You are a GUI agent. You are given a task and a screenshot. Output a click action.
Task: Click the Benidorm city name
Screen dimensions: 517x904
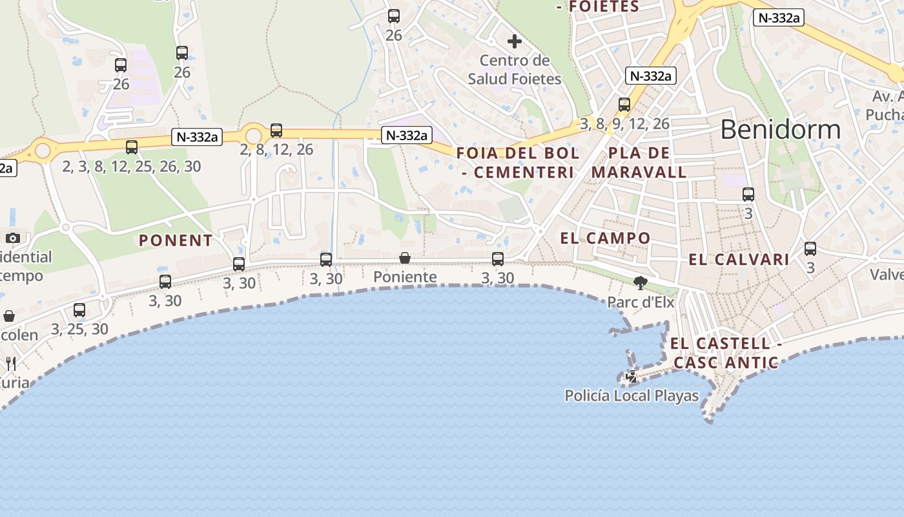click(780, 130)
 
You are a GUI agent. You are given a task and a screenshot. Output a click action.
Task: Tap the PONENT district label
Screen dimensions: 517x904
click(176, 240)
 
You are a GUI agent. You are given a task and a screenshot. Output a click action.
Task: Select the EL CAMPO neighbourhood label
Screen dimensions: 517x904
click(605, 238)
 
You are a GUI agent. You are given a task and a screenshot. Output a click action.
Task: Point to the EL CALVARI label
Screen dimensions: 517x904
click(739, 260)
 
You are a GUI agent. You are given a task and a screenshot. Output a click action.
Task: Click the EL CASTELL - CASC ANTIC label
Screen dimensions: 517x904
click(726, 353)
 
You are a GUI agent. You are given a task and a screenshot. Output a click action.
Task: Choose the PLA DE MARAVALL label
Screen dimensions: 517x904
click(639, 163)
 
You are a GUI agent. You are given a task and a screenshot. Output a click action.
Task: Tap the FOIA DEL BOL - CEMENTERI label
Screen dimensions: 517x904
click(518, 163)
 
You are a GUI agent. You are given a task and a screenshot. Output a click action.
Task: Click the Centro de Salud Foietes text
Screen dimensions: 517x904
click(515, 70)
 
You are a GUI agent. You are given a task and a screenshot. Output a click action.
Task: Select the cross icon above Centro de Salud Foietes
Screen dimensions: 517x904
click(515, 42)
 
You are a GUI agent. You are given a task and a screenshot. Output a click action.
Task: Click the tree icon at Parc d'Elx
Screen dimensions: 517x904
click(641, 282)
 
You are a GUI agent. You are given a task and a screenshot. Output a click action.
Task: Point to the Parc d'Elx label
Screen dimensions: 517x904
click(641, 302)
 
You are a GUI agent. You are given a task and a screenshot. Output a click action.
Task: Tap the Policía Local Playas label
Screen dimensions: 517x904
click(632, 396)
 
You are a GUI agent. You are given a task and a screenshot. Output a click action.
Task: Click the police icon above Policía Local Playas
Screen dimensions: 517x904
click(632, 376)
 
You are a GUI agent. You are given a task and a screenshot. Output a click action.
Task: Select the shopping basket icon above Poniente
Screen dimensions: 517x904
click(405, 258)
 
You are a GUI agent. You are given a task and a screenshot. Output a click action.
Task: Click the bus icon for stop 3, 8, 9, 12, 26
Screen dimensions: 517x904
click(624, 104)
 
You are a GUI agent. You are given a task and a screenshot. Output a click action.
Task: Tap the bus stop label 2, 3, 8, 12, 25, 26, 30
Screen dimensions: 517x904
click(132, 166)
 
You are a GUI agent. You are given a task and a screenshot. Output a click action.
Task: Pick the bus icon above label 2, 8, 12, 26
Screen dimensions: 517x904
click(276, 131)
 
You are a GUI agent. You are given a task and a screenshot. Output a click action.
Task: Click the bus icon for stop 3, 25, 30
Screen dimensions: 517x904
click(79, 310)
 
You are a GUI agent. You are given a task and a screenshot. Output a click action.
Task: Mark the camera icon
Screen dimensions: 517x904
click(13, 238)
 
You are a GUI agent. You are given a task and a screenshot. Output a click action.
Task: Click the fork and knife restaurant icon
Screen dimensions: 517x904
click(10, 363)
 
